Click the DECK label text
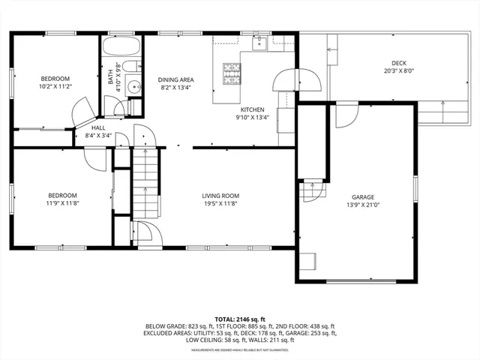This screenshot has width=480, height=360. [398, 63]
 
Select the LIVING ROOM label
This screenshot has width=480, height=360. [220, 196]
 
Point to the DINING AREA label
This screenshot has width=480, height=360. [175, 79]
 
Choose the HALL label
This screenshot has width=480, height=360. [99, 128]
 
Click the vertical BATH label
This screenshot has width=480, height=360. [110, 76]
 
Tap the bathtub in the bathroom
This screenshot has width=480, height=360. [121, 49]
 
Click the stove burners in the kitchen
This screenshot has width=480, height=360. [231, 73]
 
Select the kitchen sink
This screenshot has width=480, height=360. [259, 44]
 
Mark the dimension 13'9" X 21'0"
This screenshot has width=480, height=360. [361, 205]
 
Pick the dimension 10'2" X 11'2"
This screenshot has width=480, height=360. [55, 86]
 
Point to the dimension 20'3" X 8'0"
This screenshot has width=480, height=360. [398, 71]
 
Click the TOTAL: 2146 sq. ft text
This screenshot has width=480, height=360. [239, 319]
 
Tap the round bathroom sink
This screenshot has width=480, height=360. [134, 85]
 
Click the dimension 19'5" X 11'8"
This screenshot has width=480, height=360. [220, 205]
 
